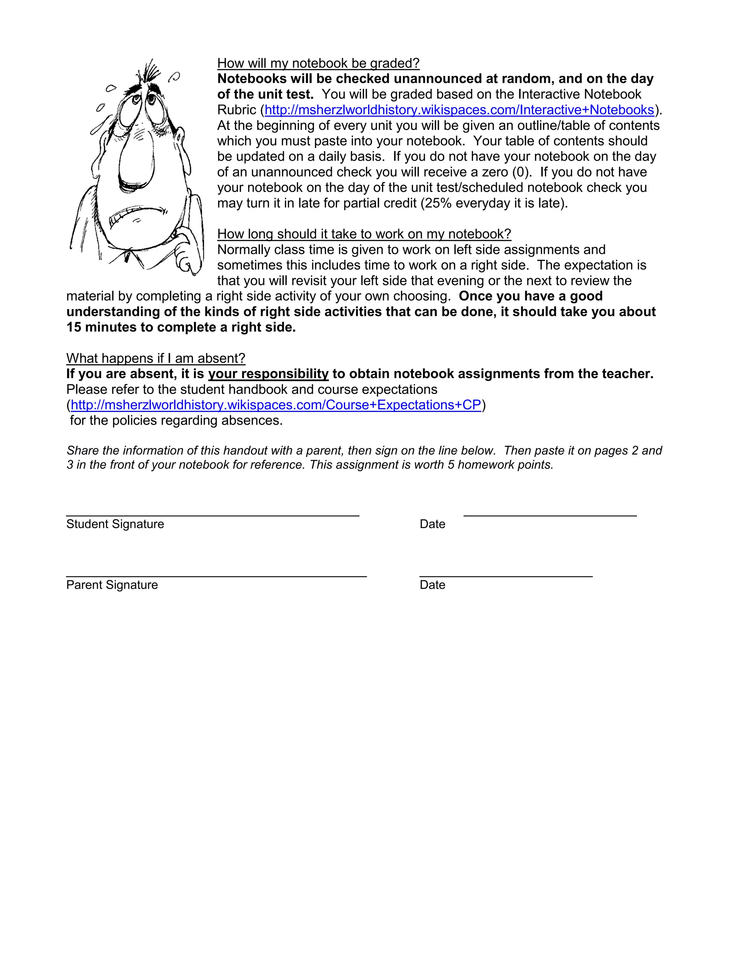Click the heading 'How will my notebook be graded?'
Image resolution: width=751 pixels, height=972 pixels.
(x=318, y=63)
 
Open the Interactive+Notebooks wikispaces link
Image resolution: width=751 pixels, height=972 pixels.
(x=459, y=110)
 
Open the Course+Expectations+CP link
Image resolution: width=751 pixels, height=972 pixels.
(x=276, y=405)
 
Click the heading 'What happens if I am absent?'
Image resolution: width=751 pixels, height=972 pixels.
(x=156, y=358)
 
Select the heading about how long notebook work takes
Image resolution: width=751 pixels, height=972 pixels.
(x=364, y=234)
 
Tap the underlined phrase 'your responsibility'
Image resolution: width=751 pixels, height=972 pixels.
(x=268, y=374)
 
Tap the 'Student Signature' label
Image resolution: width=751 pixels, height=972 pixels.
(x=115, y=524)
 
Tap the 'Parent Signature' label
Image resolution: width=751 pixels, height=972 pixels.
(x=112, y=585)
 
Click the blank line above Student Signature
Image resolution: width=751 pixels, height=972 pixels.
(x=213, y=515)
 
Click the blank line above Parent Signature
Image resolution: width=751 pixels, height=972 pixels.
(x=216, y=576)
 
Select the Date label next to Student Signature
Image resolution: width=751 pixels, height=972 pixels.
(x=432, y=524)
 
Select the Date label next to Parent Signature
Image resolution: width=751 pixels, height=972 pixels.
(x=432, y=585)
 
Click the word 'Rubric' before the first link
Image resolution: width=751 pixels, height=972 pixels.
(x=237, y=110)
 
